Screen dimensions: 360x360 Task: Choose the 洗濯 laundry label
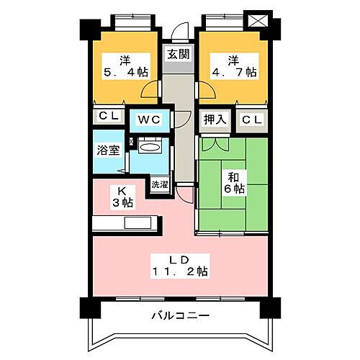[x=159, y=185]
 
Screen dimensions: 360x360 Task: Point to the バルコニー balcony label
[x=179, y=315]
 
